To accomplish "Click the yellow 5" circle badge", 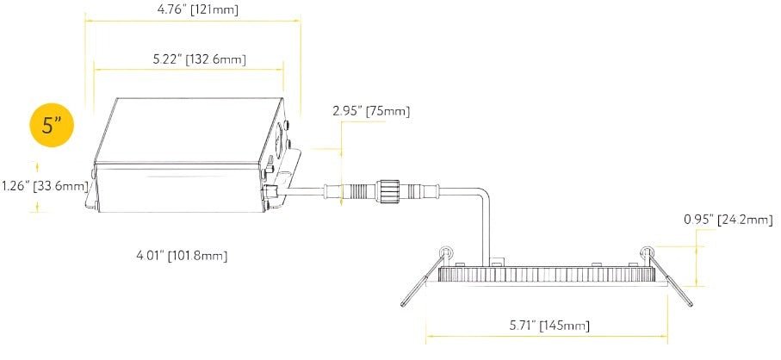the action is click(53, 125).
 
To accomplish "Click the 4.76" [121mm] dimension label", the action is click(195, 9).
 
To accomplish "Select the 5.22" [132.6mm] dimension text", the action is click(200, 59).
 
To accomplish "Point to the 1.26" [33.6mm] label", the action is click(45, 186).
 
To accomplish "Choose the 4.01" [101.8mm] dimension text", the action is click(182, 256).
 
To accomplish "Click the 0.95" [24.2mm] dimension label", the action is click(728, 220).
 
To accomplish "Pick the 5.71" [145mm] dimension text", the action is click(549, 326).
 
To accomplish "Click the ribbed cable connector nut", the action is click(385, 190).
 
